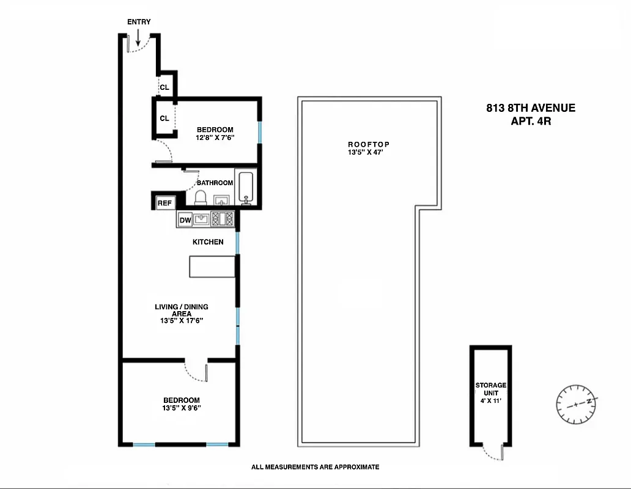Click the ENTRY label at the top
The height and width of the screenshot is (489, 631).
(139, 22)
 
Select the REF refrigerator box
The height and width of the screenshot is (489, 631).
(164, 203)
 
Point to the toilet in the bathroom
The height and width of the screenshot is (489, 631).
(201, 197)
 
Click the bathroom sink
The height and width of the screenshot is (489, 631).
(221, 200)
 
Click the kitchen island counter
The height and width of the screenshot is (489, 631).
(212, 267)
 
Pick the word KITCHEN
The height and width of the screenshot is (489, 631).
(208, 242)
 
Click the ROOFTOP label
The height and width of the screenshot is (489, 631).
(368, 144)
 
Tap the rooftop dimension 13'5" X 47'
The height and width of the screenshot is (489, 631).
(368, 152)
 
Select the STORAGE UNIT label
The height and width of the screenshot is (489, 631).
(491, 389)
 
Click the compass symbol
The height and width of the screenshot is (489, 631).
(577, 404)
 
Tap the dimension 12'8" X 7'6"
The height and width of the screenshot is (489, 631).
(215, 138)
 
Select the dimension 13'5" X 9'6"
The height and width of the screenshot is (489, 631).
(181, 408)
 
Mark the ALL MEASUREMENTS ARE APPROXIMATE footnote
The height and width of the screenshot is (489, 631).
(315, 467)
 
